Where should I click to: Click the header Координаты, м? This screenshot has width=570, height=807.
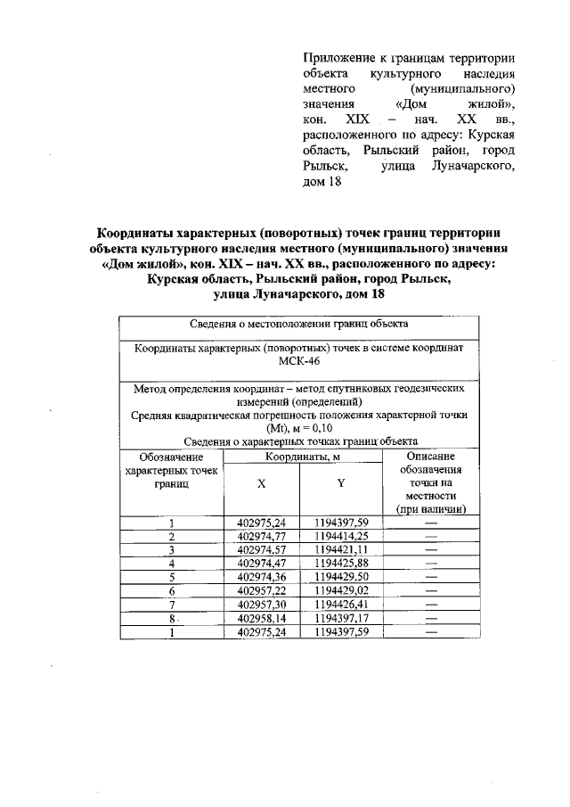[301, 456]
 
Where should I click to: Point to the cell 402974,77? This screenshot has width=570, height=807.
[261, 537]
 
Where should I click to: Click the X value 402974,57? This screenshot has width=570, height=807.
[261, 550]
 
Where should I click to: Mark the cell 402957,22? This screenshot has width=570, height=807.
[261, 590]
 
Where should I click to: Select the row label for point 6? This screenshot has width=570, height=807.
[171, 590]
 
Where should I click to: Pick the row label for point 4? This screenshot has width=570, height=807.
[171, 564]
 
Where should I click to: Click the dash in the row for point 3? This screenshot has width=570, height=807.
[431, 550]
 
